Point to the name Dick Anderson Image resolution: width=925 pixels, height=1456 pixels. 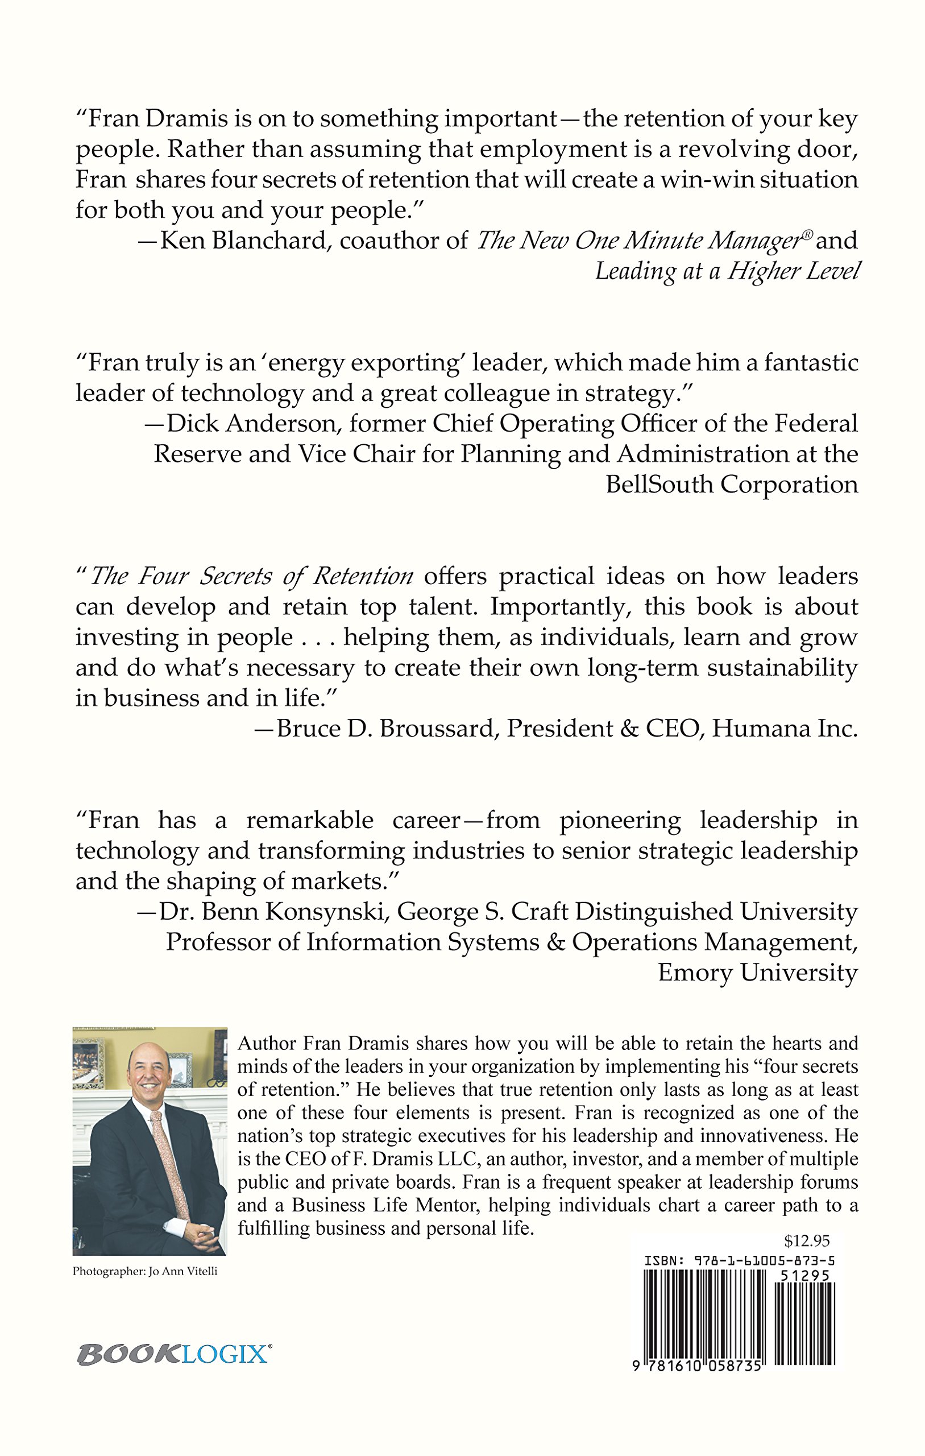251,424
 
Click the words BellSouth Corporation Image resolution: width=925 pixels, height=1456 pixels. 732,485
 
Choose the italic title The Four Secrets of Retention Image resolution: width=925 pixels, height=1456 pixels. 251,576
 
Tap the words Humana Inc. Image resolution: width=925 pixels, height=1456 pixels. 785,729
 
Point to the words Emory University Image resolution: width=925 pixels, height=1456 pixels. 757,973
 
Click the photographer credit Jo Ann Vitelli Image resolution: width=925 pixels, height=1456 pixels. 182,1272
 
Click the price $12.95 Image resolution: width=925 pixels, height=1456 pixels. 807,1241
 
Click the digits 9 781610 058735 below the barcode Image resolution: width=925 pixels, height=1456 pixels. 696,1367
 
